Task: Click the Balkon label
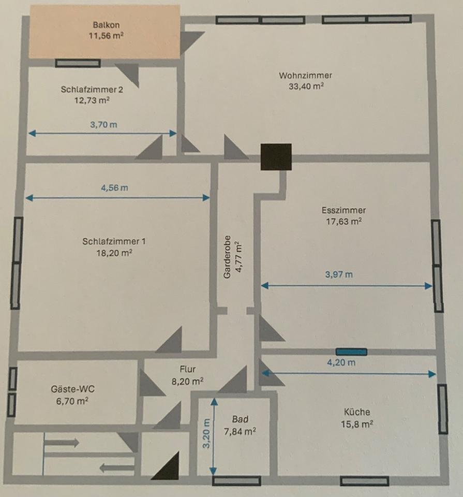102,25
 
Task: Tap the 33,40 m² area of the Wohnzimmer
306,86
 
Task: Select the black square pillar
276,156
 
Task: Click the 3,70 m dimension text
103,125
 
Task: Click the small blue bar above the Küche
351,352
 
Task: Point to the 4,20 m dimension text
341,362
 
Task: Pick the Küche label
357,412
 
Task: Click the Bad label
240,419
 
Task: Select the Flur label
187,370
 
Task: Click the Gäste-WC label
72,389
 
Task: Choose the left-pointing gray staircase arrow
116,469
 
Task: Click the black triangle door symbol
167,467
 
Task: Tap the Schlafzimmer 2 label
92,89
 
